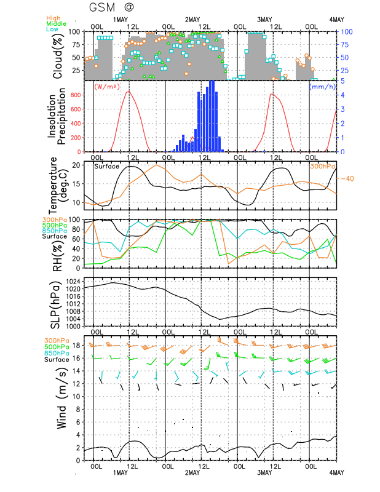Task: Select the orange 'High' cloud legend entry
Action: point(53,18)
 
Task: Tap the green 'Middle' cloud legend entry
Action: point(57,23)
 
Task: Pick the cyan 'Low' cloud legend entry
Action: point(52,29)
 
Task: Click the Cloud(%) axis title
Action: point(58,56)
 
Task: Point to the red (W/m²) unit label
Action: point(107,86)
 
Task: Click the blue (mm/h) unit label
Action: point(323,86)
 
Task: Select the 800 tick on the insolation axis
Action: point(76,95)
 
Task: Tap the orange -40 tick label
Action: point(347,179)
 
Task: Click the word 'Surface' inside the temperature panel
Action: point(107,166)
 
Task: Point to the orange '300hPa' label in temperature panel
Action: point(323,166)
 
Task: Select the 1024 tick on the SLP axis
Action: point(73,281)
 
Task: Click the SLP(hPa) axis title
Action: point(55,304)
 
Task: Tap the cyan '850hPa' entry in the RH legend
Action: point(55,231)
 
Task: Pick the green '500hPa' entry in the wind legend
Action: point(57,347)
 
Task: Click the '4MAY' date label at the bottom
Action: point(336,472)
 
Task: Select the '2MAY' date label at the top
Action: point(192,20)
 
